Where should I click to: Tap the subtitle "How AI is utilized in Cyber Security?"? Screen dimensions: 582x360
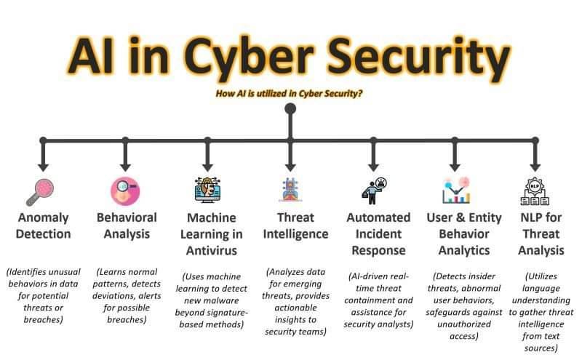289,94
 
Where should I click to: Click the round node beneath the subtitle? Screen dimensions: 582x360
290,109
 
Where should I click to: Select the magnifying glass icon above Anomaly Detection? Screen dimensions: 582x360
40,192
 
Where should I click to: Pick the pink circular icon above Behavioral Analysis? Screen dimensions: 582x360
125,191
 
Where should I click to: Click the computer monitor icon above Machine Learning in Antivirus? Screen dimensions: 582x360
207,190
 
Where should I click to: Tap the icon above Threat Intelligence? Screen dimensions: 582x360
290,190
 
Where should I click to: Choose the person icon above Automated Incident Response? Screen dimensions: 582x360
374,191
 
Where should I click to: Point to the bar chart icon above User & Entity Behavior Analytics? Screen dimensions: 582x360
456,190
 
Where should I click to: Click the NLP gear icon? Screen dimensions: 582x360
535,191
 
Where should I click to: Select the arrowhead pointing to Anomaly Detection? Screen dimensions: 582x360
43,167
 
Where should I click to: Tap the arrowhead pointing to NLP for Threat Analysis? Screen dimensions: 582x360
535,167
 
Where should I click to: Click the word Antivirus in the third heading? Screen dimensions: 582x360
212,250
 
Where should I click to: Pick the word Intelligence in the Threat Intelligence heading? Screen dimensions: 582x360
296,234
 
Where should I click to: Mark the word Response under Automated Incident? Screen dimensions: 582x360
378,250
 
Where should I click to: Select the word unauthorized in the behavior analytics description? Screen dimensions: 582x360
464,324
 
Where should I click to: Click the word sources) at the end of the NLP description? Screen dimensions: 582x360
541,348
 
